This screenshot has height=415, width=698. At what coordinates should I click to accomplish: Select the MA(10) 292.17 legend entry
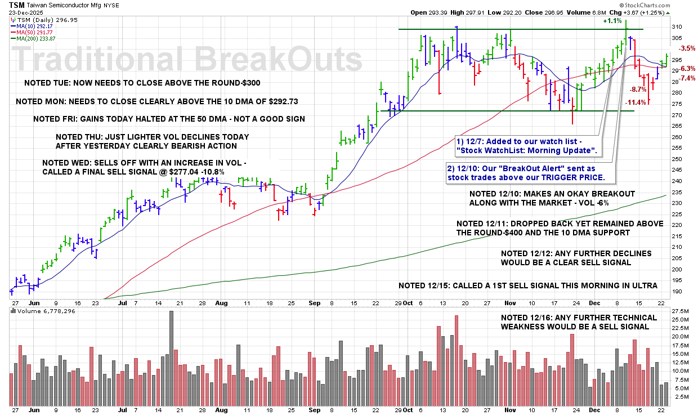click(x=38, y=25)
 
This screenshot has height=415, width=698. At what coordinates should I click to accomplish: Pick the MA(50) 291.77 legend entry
click(x=38, y=32)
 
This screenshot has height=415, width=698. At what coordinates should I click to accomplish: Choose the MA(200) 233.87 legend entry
click(x=39, y=38)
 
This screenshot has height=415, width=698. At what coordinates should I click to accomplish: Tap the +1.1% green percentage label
click(x=612, y=21)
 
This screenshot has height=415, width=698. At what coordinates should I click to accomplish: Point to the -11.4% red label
click(x=636, y=102)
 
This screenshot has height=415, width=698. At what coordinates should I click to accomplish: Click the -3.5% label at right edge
click(x=687, y=48)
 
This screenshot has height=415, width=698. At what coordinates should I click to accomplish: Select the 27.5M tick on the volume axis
click(x=679, y=311)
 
